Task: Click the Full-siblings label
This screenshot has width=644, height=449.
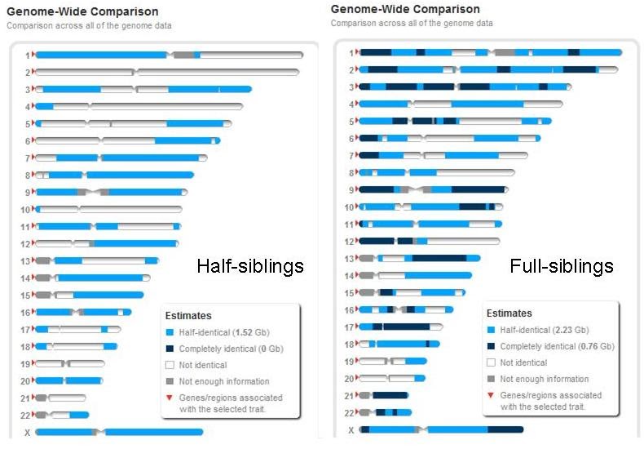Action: pyautogui.click(x=562, y=266)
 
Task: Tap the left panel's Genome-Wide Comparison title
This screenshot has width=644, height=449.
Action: pyautogui.click(x=82, y=11)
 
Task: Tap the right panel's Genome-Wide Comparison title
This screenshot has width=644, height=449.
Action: pyautogui.click(x=405, y=9)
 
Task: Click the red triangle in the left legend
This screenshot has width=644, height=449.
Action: pyautogui.click(x=170, y=396)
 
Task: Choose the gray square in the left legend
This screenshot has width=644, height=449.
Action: pyautogui.click(x=170, y=381)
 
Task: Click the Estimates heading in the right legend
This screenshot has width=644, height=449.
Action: pyautogui.click(x=509, y=313)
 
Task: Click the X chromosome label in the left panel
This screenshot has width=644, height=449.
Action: pyautogui.click(x=27, y=433)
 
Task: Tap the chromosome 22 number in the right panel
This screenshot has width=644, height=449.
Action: pyautogui.click(x=349, y=413)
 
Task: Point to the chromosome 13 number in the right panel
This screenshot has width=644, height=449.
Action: pyautogui.click(x=349, y=259)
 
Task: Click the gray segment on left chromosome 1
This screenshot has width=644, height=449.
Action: pyautogui.click(x=185, y=55)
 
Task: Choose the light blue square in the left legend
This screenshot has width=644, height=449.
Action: pyautogui.click(x=170, y=333)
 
